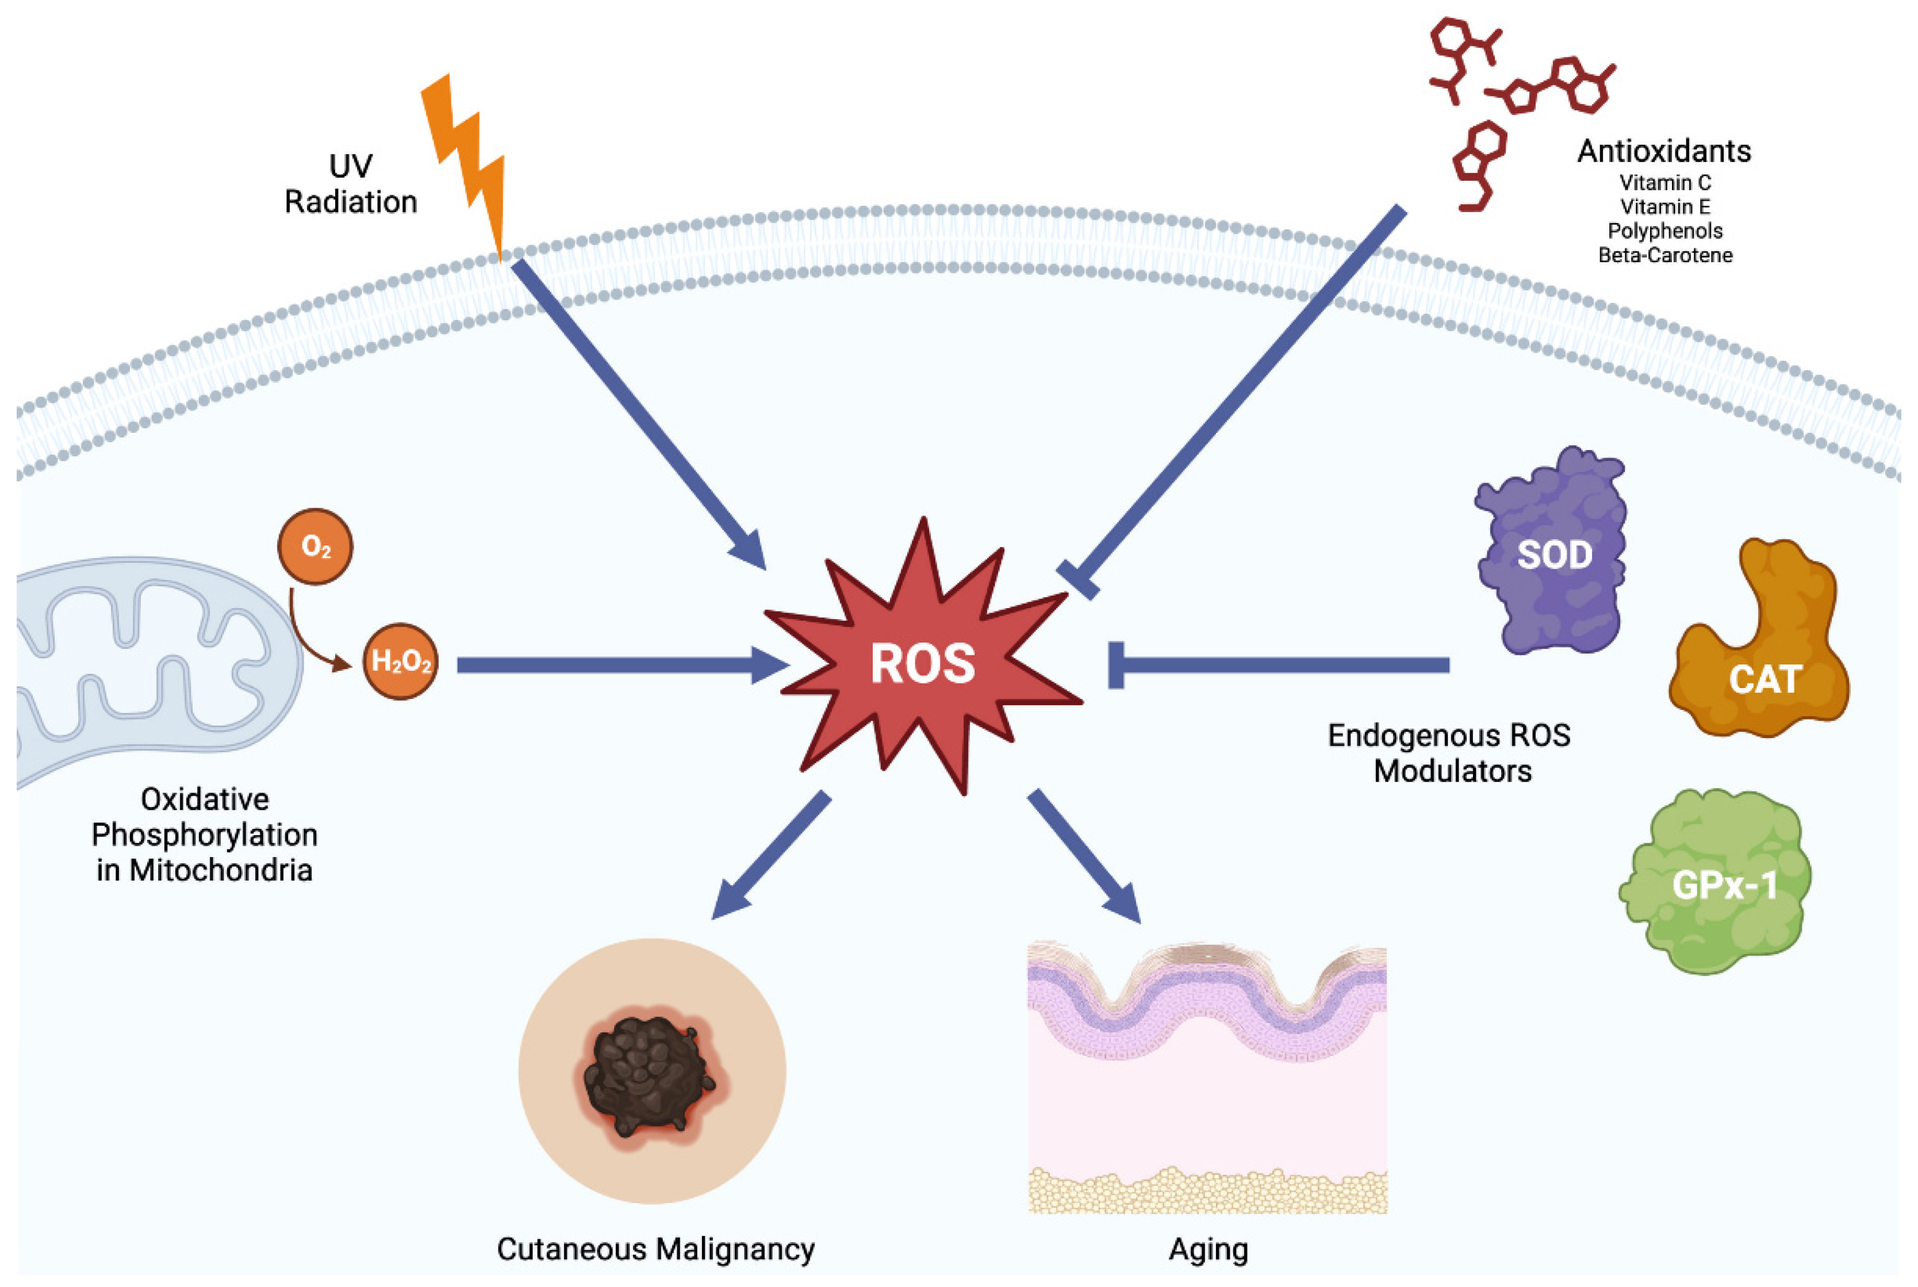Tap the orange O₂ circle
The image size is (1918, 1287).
(x=315, y=547)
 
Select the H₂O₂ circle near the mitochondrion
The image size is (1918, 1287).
(x=401, y=662)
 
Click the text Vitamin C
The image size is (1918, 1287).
(x=1665, y=182)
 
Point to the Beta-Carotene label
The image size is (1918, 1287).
(x=1665, y=255)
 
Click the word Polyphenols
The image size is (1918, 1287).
(x=1665, y=230)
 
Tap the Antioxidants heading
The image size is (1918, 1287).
(x=1663, y=151)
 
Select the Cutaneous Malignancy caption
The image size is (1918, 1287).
(x=655, y=1249)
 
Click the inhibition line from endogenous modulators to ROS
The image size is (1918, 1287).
(x=1281, y=665)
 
